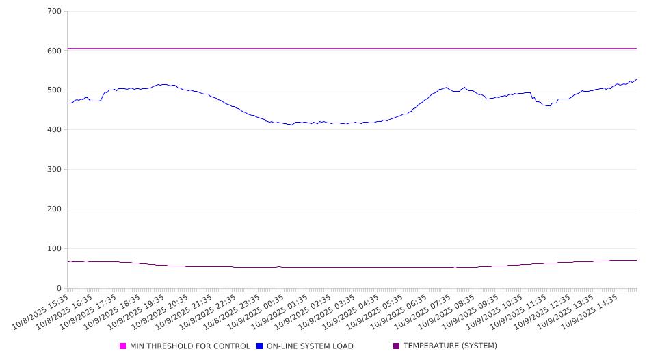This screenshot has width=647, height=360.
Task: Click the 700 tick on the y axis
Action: pyautogui.click(x=55, y=12)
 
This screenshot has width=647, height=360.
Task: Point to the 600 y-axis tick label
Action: pyautogui.click(x=55, y=51)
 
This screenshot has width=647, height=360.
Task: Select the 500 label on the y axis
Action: pyautogui.click(x=55, y=90)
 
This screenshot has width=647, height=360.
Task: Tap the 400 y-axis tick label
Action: pyautogui.click(x=55, y=130)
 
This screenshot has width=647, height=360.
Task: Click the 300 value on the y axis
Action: pyautogui.click(x=55, y=170)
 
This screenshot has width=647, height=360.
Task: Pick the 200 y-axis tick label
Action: pyautogui.click(x=55, y=209)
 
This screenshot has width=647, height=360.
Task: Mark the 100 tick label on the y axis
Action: pyautogui.click(x=55, y=249)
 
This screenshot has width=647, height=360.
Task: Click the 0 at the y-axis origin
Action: pyautogui.click(x=60, y=289)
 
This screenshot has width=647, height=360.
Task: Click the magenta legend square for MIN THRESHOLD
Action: pyautogui.click(x=123, y=346)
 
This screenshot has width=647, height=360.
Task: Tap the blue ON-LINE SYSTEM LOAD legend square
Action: pyautogui.click(x=260, y=346)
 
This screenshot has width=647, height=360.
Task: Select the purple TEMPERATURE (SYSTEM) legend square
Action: pyautogui.click(x=397, y=346)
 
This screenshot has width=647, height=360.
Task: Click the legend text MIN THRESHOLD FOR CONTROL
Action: pyautogui.click(x=189, y=346)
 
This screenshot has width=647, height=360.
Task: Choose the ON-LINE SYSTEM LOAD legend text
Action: pyautogui.click(x=310, y=346)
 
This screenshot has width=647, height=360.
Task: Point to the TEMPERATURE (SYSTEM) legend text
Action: pyautogui.click(x=450, y=346)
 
